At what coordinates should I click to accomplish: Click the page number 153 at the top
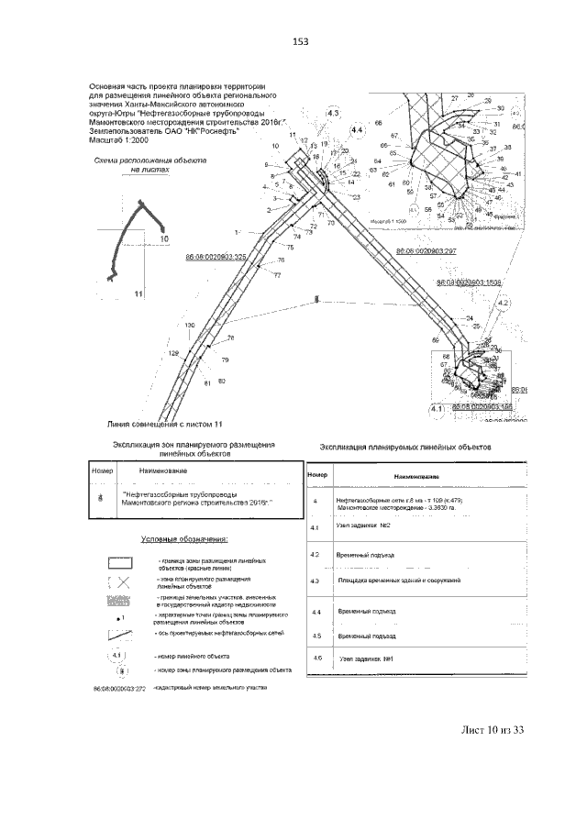pos(299,41)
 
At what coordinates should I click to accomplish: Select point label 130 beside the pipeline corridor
pos(164,326)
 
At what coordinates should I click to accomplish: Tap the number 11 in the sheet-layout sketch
pos(139,294)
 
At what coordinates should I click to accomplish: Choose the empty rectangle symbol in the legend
pos(121,563)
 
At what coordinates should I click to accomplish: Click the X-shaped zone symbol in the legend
pos(121,583)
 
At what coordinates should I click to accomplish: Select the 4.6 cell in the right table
pos(316,658)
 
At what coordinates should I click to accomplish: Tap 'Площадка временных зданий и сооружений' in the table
pos(398,581)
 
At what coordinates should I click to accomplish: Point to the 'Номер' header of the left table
pos(102,470)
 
